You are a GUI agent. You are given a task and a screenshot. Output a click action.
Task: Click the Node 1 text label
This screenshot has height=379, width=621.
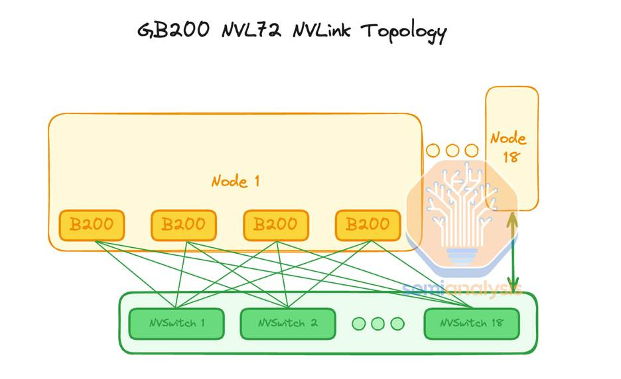point(236,181)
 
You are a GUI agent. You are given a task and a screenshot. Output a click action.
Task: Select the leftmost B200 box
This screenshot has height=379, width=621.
point(92,225)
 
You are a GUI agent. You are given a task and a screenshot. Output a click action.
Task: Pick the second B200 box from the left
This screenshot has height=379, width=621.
point(184,225)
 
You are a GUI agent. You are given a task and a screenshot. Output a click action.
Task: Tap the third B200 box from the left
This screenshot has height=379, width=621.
point(276,225)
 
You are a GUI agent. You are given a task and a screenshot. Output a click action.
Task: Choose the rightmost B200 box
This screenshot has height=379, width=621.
point(368,225)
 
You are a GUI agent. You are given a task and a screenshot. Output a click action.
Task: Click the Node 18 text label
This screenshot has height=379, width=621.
point(509,147)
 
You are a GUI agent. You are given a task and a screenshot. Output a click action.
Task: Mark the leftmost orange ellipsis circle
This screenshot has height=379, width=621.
point(433,150)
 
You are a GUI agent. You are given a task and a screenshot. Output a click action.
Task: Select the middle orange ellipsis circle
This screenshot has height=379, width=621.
point(452,150)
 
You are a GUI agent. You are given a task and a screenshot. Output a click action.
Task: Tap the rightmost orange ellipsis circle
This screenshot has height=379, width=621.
point(471,150)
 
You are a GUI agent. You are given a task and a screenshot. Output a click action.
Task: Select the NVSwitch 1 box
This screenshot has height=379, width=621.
point(176,323)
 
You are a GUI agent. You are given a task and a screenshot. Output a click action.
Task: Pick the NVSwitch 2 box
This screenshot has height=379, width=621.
point(286,323)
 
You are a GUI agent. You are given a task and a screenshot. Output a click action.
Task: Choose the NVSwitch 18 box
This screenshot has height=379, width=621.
point(472,323)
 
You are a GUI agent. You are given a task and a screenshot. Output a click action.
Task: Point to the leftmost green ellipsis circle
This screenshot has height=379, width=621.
point(359,324)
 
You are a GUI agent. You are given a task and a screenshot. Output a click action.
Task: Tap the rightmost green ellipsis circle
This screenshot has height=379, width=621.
point(397,324)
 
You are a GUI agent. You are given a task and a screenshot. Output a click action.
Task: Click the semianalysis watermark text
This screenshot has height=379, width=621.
point(462,289)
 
